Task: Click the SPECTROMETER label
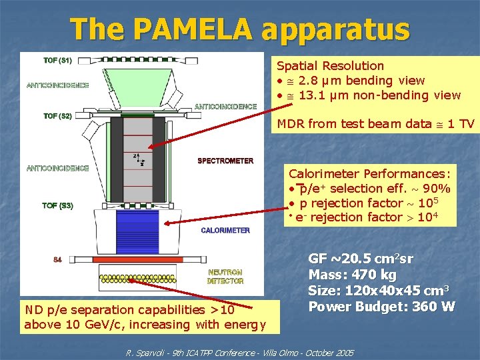225,161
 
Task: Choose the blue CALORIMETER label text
225,231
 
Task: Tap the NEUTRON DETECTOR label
225,277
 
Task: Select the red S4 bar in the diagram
147,259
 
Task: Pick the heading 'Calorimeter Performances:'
369,174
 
